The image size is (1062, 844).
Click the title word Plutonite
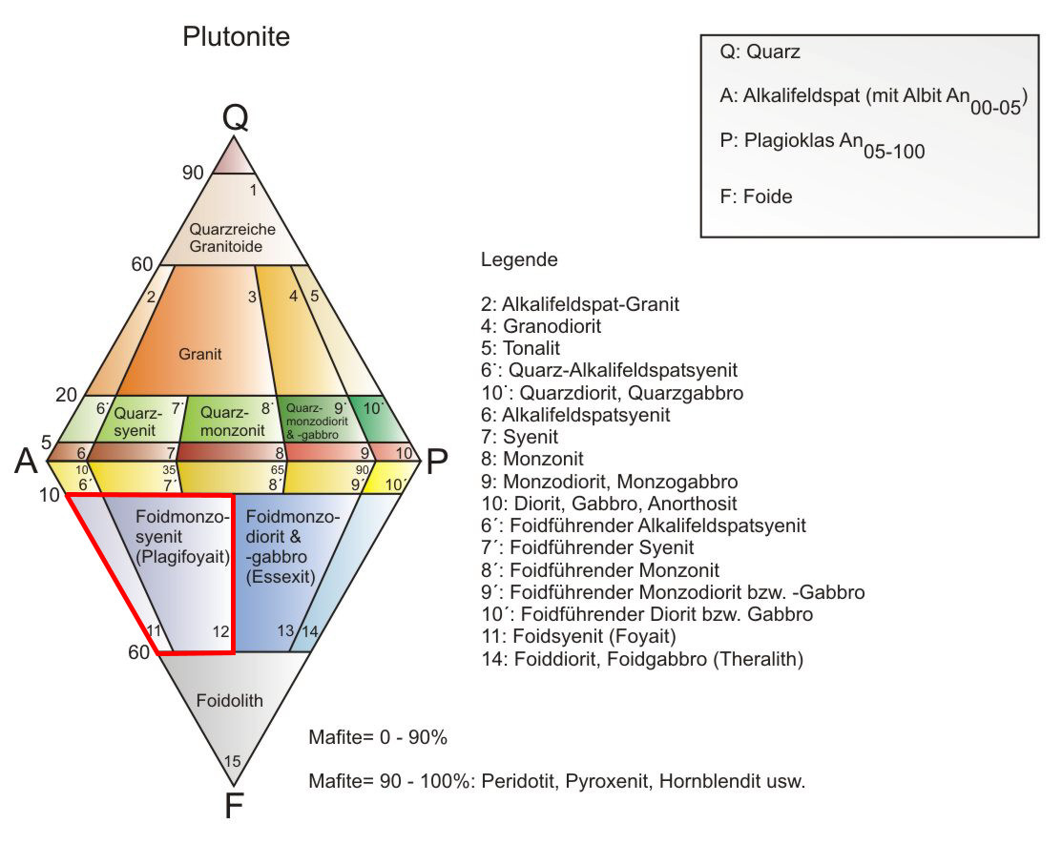tap(236, 36)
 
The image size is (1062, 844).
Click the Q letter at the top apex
tap(235, 117)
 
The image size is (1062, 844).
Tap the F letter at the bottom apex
tap(234, 806)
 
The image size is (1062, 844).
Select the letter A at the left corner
tap(27, 461)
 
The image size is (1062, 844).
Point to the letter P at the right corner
tap(437, 462)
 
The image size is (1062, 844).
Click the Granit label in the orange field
tap(199, 354)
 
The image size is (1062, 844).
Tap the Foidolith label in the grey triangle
tap(230, 701)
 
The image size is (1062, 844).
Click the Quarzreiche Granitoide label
tap(232, 237)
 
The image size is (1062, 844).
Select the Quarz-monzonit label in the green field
tap(232, 421)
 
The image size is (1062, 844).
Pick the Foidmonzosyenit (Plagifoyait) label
tap(183, 537)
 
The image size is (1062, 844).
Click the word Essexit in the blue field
tap(281, 577)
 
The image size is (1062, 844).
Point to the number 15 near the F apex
tap(232, 761)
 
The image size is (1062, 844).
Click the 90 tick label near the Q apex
tap(193, 173)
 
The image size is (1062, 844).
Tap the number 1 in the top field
tap(253, 190)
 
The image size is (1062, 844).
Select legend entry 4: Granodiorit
tap(541, 326)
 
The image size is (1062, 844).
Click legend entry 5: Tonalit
tap(520, 348)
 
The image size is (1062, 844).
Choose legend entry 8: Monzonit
tap(532, 459)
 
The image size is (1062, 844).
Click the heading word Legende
tap(519, 260)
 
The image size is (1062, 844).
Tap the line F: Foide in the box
tap(756, 196)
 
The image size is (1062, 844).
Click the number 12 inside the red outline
tap(220, 631)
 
